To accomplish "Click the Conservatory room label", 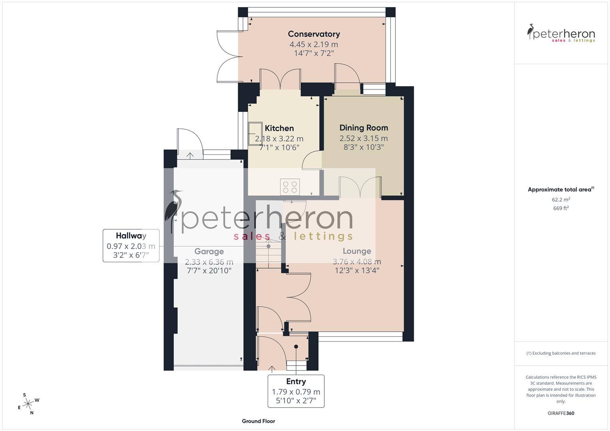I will (x=314, y=34).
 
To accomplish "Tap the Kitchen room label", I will (x=279, y=129).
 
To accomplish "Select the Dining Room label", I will (x=364, y=128).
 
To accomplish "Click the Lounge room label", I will (x=357, y=251).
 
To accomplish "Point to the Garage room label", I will (x=209, y=252).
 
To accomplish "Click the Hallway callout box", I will (x=131, y=245).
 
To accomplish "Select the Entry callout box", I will (x=296, y=391).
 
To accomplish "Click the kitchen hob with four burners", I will (x=290, y=187).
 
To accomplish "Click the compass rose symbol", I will (x=28, y=403).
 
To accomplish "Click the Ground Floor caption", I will (x=258, y=421).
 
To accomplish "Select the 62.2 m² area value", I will (x=561, y=200).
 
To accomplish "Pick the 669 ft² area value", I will (x=561, y=208).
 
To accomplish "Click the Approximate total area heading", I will (x=560, y=190).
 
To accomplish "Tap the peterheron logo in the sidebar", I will (x=561, y=34).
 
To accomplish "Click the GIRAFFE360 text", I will (x=561, y=413).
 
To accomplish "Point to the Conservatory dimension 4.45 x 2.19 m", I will (x=314, y=45).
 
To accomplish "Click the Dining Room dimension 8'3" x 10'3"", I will (x=364, y=147).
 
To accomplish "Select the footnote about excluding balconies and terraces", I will (x=561, y=353).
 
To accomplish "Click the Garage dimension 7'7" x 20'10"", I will (x=209, y=271).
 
